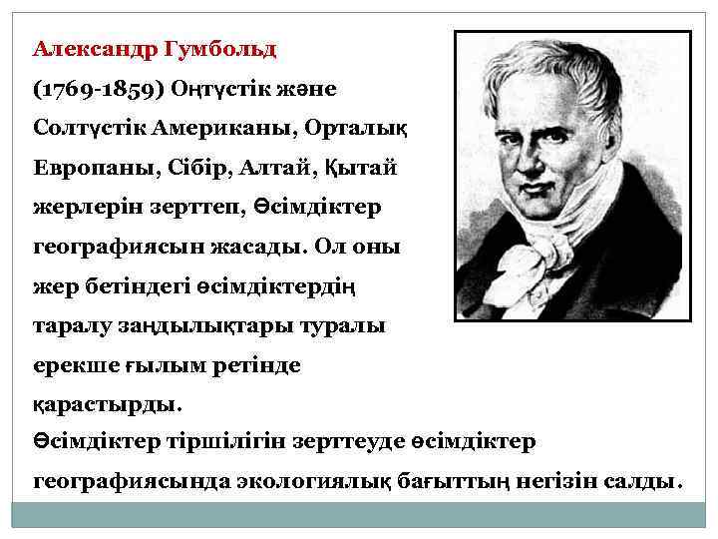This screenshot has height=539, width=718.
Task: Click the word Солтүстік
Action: [89, 129]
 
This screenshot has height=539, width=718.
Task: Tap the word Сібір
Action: [183, 169]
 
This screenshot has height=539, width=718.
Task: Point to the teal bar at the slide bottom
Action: [359, 514]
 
